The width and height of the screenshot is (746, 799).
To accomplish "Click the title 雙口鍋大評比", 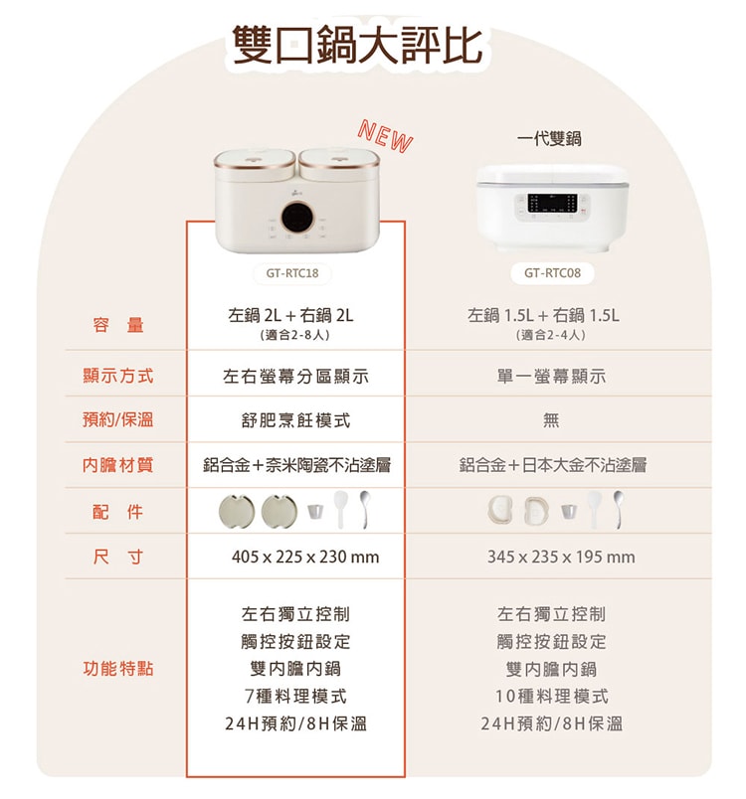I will pyautogui.click(x=356, y=45).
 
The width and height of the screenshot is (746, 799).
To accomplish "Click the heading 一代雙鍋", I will pyautogui.click(x=549, y=139).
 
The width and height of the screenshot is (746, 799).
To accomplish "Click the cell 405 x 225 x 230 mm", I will pyautogui.click(x=305, y=558).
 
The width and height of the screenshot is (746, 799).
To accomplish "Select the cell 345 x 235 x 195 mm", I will pyautogui.click(x=561, y=558).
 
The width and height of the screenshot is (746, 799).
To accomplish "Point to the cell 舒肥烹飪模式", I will pyautogui.click(x=295, y=420).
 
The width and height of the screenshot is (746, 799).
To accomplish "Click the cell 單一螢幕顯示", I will pyautogui.click(x=551, y=377).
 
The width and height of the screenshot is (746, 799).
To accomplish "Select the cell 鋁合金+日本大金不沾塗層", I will pyautogui.click(x=552, y=465).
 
